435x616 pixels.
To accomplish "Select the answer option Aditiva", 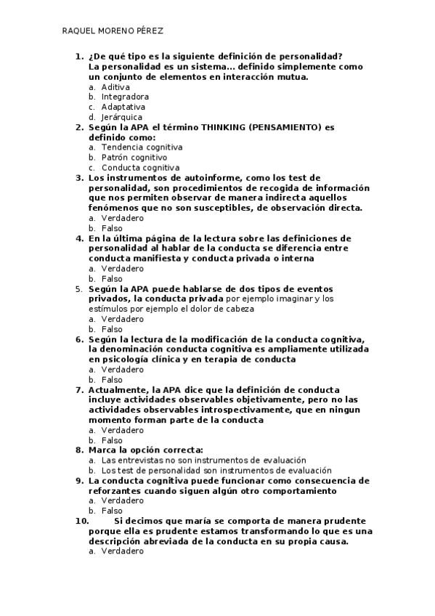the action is (115, 86).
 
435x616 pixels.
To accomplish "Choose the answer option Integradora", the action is (125, 97).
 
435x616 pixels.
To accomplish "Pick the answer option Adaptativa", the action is (123, 107).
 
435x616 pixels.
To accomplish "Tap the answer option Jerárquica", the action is (121, 117).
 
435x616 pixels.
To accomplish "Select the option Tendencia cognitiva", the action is (142, 147).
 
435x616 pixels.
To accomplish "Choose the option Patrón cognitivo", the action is (134, 158).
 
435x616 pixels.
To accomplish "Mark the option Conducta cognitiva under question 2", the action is (140, 168).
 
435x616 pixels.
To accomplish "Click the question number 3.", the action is (79, 177).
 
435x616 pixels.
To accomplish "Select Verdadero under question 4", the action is (122, 269).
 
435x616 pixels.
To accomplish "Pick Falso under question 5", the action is (112, 329).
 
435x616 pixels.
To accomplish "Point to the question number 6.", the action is (79, 339).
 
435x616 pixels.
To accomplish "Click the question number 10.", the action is (81, 522).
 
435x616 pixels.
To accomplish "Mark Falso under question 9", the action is (112, 511).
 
